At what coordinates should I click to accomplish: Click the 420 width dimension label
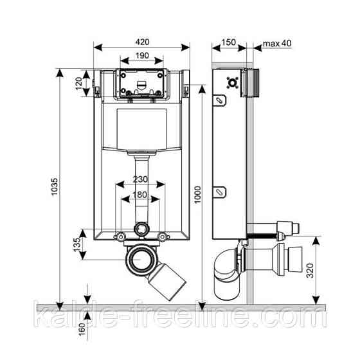point(142,42)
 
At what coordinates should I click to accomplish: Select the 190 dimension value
point(142,55)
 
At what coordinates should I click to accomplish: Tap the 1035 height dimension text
point(55,186)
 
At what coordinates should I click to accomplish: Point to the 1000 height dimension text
point(197,195)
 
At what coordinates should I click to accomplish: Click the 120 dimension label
point(78,84)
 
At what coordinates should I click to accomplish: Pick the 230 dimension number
point(140,179)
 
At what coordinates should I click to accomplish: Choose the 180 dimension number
point(140,195)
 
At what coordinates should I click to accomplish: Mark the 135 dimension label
point(77,245)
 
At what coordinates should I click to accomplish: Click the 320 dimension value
point(310,271)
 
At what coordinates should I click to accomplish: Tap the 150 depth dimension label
point(228,42)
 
